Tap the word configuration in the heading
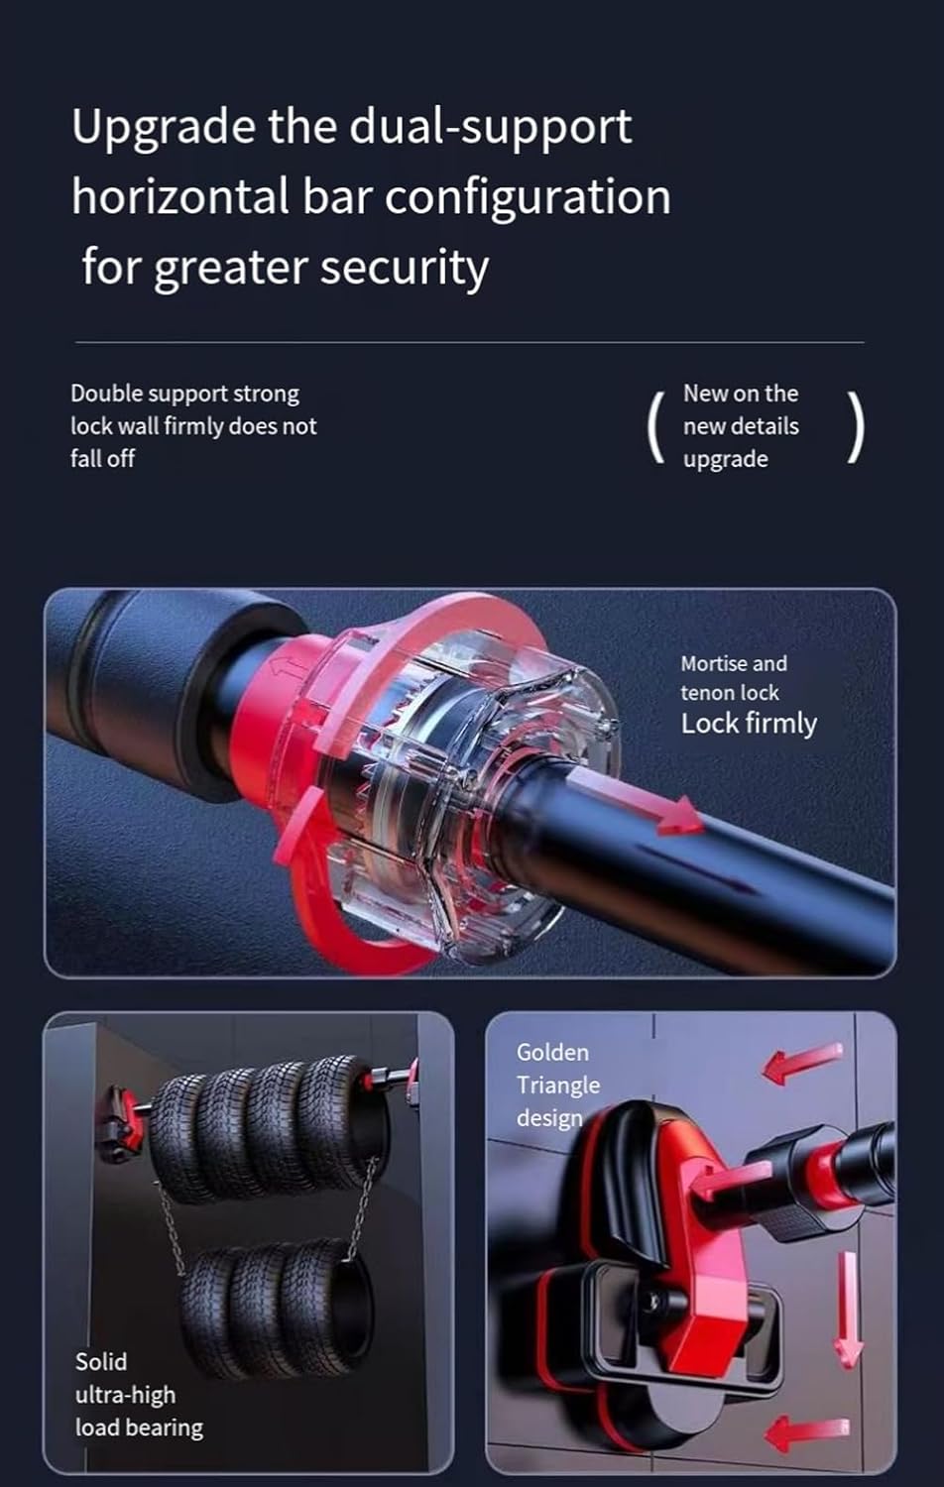tap(528, 197)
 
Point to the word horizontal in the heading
tap(179, 196)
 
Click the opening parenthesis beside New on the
tap(654, 427)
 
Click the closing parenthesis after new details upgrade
tap(856, 427)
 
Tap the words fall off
tap(102, 459)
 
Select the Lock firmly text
tap(749, 724)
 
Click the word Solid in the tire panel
tap(101, 1362)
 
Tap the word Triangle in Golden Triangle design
tap(557, 1086)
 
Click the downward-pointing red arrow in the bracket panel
tap(848, 1309)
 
